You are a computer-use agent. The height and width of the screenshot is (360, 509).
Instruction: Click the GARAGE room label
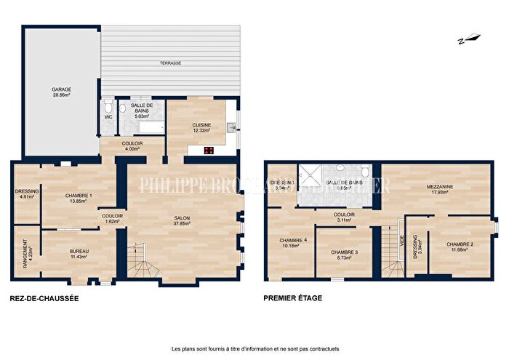pos(62,92)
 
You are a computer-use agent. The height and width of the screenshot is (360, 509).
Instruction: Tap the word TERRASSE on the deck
pos(171,64)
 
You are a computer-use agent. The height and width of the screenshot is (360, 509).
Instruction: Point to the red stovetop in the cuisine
pos(209,151)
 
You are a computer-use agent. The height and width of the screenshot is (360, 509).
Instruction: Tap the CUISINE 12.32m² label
pos(201,127)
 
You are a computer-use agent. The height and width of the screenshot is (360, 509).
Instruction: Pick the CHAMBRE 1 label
pos(78,198)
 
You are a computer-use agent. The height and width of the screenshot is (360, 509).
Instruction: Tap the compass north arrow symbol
pos(466,40)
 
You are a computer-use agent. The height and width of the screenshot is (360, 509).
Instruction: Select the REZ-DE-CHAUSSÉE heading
pos(44,298)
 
